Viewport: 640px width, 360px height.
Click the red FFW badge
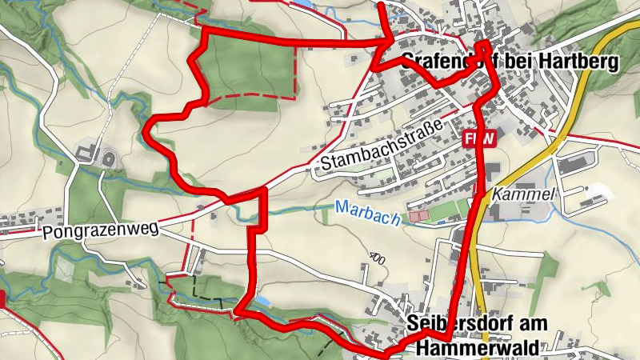point(480,138)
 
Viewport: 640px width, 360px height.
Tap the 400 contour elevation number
point(378,258)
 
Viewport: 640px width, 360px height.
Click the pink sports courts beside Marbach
point(420,216)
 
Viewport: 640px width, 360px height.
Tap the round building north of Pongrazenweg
point(106,158)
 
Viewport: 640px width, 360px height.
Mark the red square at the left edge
point(2,299)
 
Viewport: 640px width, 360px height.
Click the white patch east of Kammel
point(601,192)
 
